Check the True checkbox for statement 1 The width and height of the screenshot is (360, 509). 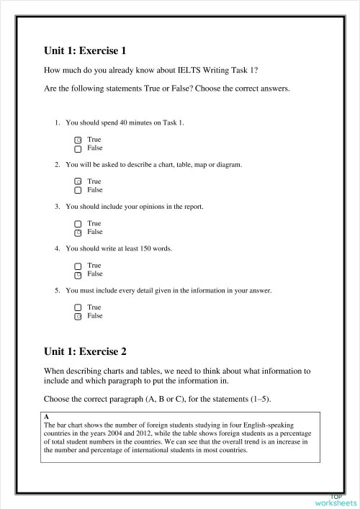(78, 140)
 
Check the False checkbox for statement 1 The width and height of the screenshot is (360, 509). (78, 148)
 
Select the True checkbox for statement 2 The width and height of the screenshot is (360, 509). (78, 182)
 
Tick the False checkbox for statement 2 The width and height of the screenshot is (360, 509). (78, 191)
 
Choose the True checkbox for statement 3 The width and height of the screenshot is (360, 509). (78, 224)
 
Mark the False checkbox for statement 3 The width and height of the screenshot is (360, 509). (78, 233)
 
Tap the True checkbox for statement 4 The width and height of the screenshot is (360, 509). (78, 266)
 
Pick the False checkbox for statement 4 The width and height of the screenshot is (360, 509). (78, 274)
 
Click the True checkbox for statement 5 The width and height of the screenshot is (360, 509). (78, 307)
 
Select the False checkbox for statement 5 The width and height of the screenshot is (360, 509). (78, 316)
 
